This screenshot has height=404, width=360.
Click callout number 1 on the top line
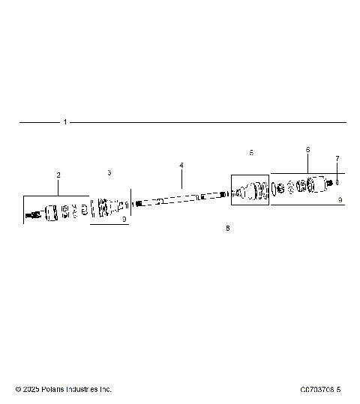(x=65, y=122)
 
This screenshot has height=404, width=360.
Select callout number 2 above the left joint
(x=58, y=175)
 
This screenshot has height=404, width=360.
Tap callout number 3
(x=109, y=172)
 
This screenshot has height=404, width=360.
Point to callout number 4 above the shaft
(x=181, y=165)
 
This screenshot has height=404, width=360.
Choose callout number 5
(x=251, y=152)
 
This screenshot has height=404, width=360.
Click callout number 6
(x=307, y=150)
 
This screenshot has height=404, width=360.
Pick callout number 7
(x=337, y=159)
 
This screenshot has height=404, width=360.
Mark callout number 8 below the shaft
(x=228, y=228)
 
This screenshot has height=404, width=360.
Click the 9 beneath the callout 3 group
(x=124, y=220)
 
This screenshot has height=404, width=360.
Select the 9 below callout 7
(x=340, y=200)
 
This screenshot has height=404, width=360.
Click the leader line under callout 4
(x=181, y=178)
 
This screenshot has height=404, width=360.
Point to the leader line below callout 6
(x=307, y=165)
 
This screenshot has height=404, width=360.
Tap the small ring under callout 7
(x=338, y=181)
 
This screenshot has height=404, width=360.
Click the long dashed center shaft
(x=180, y=200)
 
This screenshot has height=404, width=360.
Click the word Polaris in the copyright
(x=55, y=389)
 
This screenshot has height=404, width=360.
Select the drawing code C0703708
(x=316, y=389)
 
